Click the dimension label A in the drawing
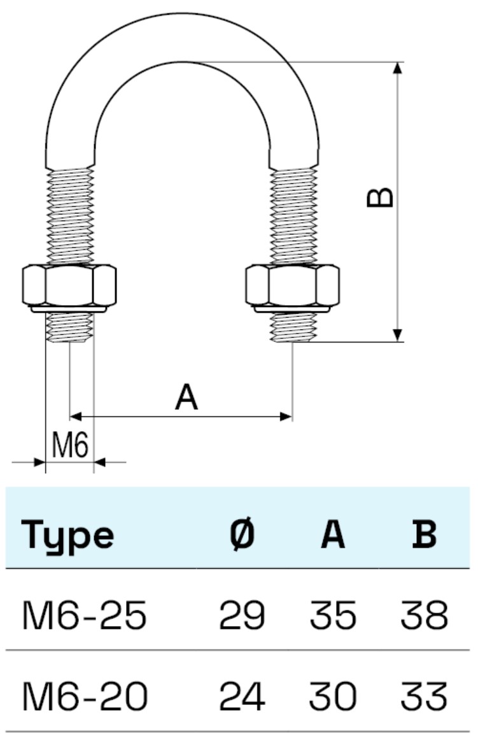click(x=186, y=398)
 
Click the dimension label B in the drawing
click(x=381, y=197)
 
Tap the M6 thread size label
click(x=69, y=446)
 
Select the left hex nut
click(x=69, y=286)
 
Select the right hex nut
click(x=292, y=286)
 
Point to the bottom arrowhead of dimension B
click(x=398, y=335)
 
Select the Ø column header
click(x=242, y=535)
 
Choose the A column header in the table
click(x=333, y=535)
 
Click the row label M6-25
click(x=85, y=616)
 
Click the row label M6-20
click(x=85, y=697)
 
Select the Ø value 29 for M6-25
click(x=242, y=616)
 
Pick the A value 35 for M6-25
click(x=333, y=616)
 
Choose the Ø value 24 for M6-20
click(x=242, y=697)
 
